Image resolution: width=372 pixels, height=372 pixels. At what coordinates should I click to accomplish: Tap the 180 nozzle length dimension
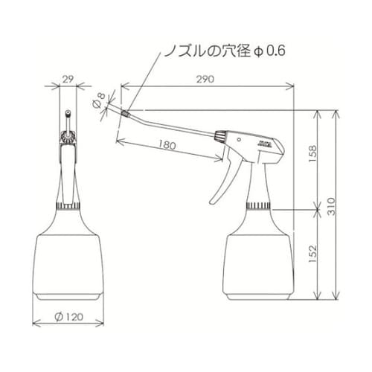[167, 146]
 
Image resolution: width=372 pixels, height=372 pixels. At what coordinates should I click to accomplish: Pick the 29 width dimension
[67, 77]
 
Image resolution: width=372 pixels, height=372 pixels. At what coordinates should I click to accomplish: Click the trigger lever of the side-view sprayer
[222, 182]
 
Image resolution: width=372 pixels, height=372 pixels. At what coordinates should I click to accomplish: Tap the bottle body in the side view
[258, 260]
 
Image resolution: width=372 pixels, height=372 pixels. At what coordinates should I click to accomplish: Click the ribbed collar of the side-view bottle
[258, 205]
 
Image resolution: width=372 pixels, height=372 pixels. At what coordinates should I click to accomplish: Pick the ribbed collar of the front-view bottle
[68, 205]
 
